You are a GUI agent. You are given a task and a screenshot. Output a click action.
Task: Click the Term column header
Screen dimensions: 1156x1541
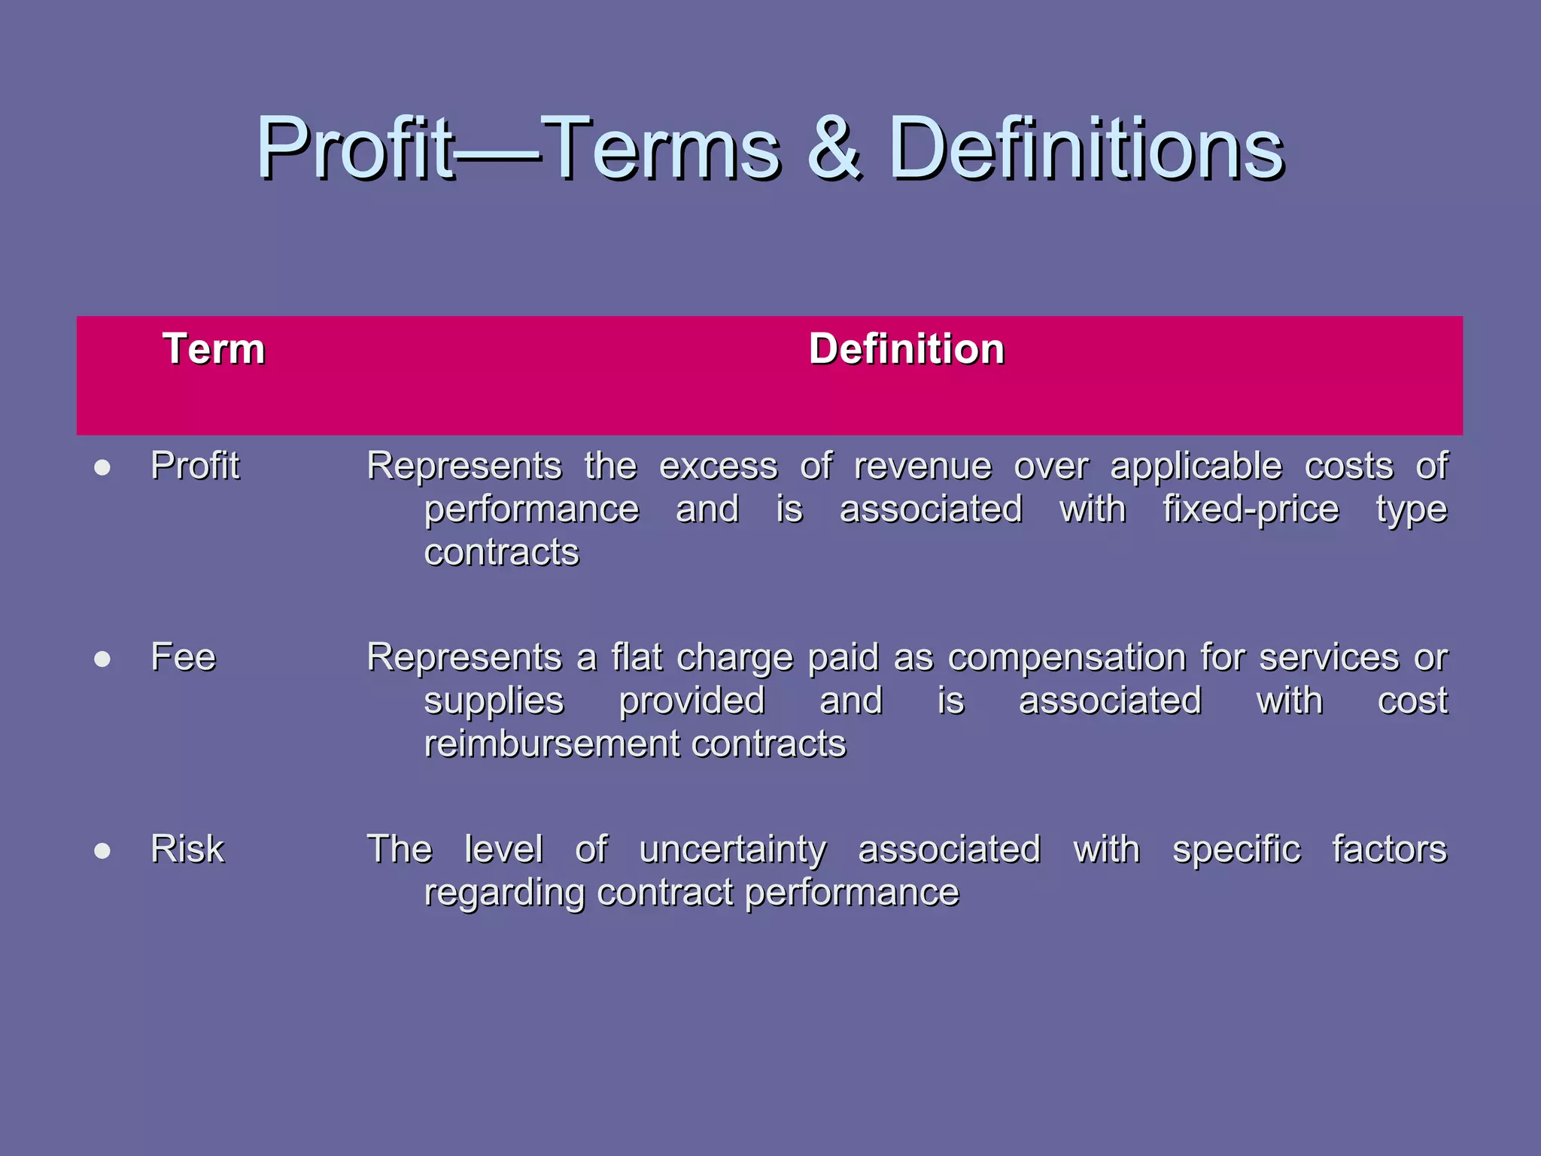[x=214, y=349]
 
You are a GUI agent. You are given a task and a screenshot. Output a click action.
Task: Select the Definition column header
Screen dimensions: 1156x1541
[x=906, y=349]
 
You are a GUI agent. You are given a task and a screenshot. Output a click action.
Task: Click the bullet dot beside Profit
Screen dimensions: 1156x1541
[x=103, y=468]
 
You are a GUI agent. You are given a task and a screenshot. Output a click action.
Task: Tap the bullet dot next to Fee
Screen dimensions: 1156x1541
[x=103, y=660]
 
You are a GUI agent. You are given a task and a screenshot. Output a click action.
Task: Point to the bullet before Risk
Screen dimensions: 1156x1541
[x=103, y=851]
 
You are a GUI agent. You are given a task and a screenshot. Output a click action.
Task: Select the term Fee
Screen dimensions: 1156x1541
[x=183, y=657]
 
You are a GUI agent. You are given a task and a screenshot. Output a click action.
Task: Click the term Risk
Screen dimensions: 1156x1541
[x=187, y=849]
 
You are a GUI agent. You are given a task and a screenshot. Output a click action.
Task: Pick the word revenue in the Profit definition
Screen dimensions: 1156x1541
[x=922, y=467]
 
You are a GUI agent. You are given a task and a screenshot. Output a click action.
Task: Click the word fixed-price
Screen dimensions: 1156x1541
[x=1251, y=510]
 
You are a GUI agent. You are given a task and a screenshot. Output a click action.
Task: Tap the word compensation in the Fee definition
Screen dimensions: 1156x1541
[x=1063, y=659]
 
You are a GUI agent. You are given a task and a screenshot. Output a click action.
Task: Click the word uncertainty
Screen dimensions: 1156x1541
[x=732, y=850]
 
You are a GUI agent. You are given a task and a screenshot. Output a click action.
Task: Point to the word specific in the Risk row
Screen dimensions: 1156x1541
[x=1236, y=850]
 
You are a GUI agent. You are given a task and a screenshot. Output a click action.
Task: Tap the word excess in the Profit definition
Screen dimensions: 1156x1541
[x=718, y=467]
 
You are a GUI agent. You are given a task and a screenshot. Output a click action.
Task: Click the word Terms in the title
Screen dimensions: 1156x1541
[x=661, y=148]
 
